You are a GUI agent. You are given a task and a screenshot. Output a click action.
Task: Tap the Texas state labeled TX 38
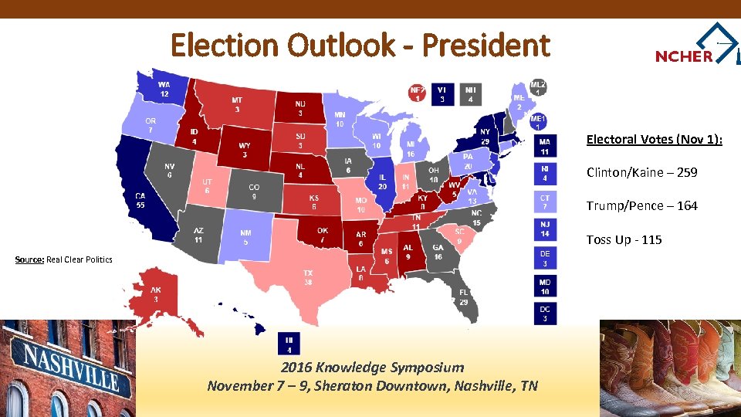tap(307, 278)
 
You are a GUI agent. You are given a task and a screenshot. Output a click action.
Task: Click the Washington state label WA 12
tap(164, 89)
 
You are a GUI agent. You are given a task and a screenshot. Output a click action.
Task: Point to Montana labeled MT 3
tap(237, 105)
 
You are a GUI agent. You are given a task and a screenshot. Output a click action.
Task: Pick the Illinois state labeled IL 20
tap(382, 181)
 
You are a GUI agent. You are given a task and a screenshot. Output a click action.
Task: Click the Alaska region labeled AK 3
tap(155, 294)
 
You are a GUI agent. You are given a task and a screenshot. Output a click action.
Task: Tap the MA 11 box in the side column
tap(545, 147)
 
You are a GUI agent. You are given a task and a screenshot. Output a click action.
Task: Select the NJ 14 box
tap(545, 229)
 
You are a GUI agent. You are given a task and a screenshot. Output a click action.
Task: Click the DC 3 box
tap(545, 314)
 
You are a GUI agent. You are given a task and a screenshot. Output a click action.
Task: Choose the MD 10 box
tap(545, 286)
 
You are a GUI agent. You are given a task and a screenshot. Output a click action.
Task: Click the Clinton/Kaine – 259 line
tap(641, 172)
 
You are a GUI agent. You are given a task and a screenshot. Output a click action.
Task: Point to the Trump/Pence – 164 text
tap(641, 205)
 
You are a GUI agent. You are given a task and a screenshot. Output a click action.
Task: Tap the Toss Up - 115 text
tap(624, 239)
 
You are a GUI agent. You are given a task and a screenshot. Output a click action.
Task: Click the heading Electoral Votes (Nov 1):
tap(654, 139)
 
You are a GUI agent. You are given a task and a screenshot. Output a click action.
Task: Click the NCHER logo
tap(695, 49)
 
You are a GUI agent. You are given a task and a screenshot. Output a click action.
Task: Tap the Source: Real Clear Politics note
tap(64, 259)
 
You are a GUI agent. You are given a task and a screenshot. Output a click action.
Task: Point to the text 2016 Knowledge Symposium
tap(372, 368)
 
